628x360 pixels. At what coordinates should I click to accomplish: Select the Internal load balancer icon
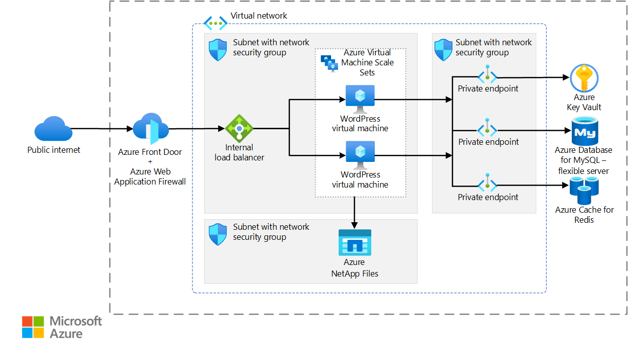point(239,128)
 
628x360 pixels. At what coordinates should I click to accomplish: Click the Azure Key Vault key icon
point(584,78)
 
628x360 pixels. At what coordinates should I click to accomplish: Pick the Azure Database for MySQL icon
point(584,131)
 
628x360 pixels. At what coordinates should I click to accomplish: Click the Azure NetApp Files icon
point(355,243)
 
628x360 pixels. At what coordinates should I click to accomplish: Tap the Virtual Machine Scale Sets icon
point(330,63)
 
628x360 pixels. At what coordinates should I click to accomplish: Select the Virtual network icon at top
point(216,23)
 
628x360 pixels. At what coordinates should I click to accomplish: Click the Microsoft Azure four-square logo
point(33,327)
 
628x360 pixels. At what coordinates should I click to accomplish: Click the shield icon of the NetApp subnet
point(218,234)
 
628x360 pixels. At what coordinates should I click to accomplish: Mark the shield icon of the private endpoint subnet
point(443,50)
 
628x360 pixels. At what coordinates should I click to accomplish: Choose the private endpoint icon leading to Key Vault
point(487,76)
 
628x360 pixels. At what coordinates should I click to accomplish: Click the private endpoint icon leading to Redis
point(487,184)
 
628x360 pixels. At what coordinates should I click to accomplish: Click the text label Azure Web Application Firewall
point(150,176)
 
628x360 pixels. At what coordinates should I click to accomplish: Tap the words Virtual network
point(259,16)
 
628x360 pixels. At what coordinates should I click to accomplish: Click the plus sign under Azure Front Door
point(150,162)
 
